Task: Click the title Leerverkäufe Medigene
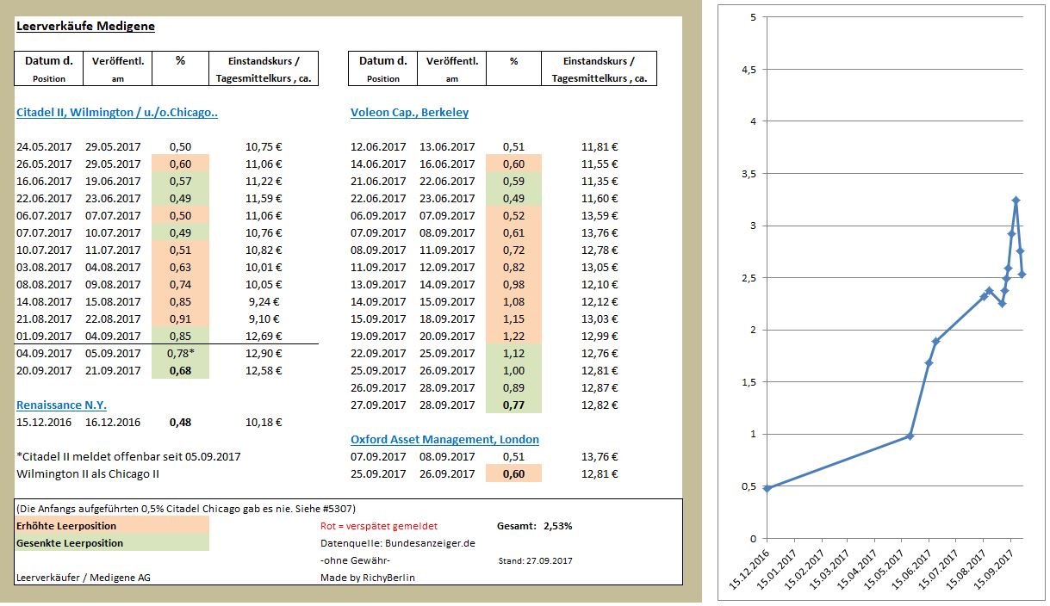point(85,26)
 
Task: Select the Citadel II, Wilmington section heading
point(117,113)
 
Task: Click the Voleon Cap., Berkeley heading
point(409,113)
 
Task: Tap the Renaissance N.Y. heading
point(61,405)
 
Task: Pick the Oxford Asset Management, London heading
point(444,439)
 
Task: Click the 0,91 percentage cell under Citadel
point(180,318)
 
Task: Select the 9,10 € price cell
point(264,318)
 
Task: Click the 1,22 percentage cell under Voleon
point(513,336)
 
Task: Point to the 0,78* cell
point(180,353)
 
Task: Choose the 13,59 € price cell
point(600,215)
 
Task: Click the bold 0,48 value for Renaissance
point(180,422)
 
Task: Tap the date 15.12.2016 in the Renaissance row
point(44,422)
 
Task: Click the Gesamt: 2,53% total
point(534,525)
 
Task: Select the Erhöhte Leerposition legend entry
point(66,525)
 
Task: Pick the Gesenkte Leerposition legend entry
point(70,543)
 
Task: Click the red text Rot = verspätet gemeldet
point(372,525)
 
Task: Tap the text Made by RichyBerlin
point(367,578)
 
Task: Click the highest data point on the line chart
point(1016,201)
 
